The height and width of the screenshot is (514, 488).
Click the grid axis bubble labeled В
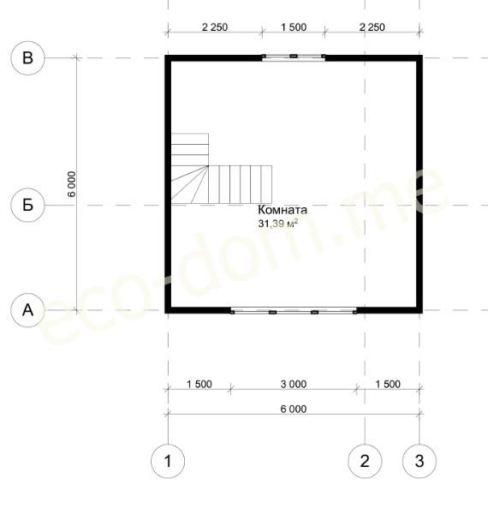28,58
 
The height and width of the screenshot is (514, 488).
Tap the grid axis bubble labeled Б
28,205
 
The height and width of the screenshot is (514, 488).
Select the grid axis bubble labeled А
28,310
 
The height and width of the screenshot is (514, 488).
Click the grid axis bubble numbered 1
168,461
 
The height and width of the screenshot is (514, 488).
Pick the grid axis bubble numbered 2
365,461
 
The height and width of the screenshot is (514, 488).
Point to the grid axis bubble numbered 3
420,461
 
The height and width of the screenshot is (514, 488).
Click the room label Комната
283,210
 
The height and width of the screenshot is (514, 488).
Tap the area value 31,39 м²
278,224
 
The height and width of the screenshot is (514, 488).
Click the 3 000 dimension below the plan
294,384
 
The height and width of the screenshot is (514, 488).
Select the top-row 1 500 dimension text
294,27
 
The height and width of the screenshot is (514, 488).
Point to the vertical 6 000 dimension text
71,184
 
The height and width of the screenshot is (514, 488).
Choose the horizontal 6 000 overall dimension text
294,409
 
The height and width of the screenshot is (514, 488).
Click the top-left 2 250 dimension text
215,27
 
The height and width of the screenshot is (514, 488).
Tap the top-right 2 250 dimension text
372,27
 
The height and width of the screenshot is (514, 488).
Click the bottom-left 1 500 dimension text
199,384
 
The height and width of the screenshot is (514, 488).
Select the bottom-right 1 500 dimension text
388,384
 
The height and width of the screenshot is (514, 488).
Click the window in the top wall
294,57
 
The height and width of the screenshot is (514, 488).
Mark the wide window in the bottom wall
294,310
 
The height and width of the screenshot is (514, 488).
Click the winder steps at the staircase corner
189,184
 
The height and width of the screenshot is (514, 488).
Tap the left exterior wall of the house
168,184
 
